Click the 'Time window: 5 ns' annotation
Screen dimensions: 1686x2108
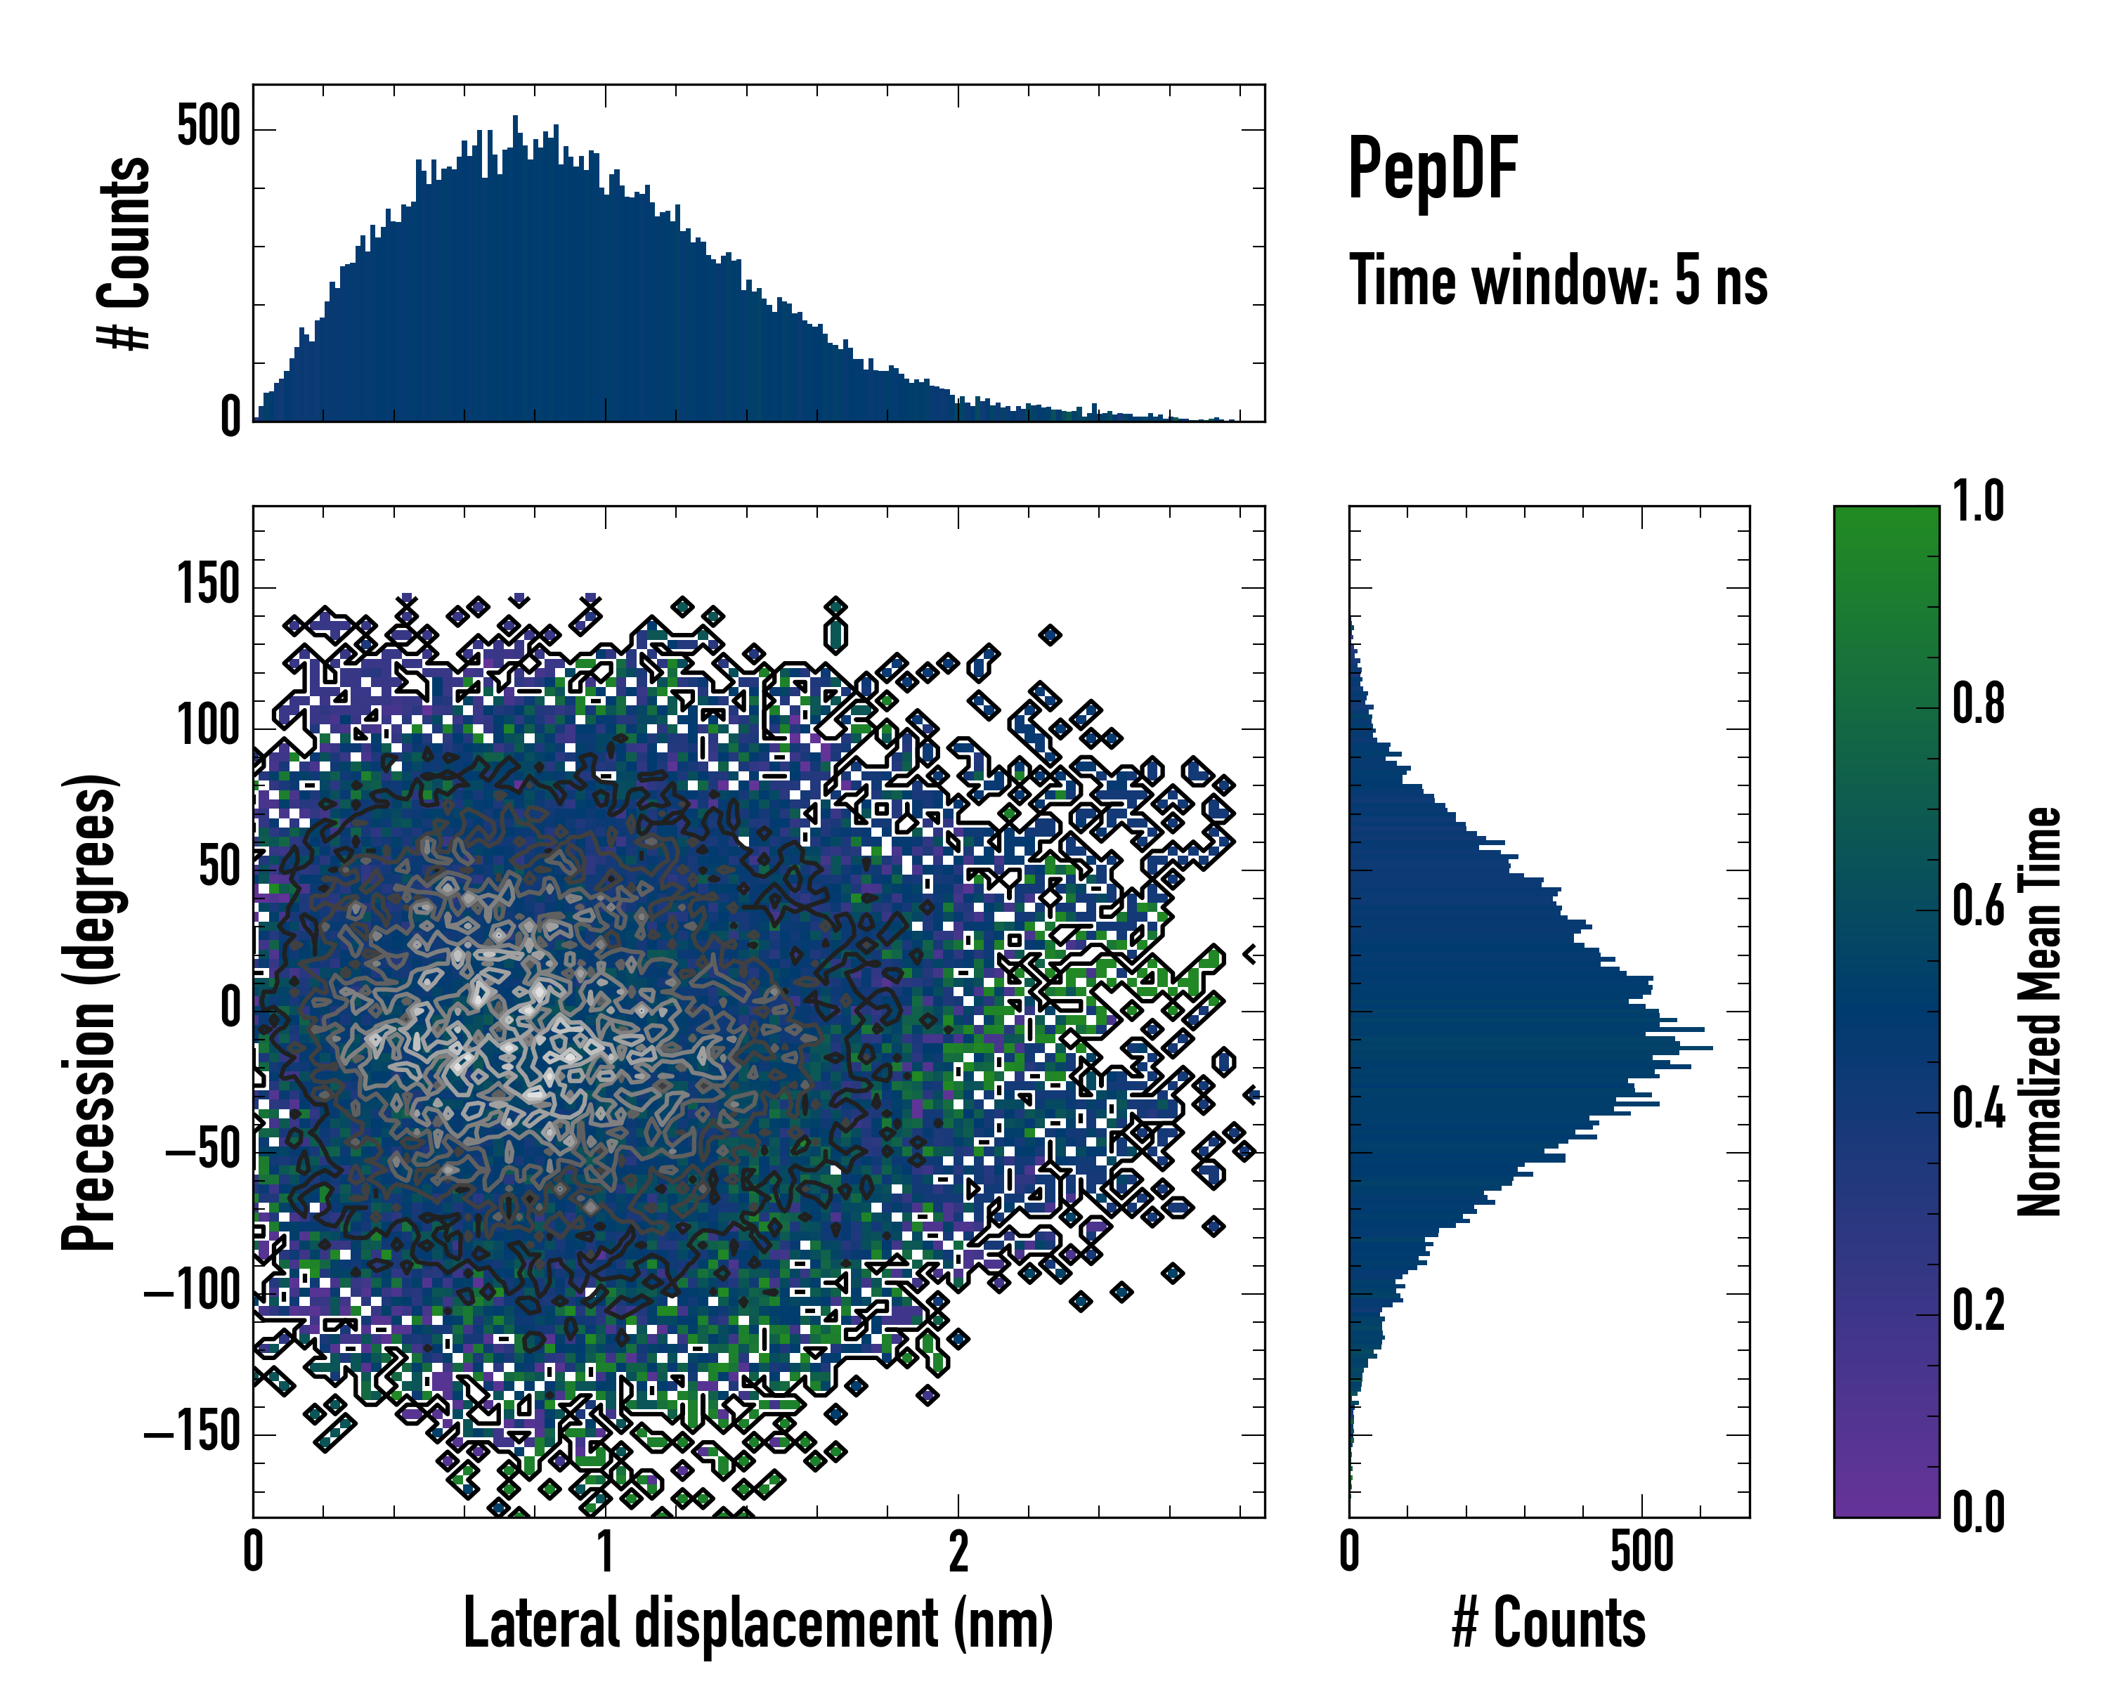(1558, 280)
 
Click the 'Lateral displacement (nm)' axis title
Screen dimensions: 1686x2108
(757, 1623)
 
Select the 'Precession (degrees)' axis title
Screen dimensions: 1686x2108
(90, 1012)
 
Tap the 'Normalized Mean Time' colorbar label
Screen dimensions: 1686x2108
(2040, 1012)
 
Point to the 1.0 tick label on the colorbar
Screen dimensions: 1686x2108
(1978, 502)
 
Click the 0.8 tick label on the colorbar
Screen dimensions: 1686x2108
(1978, 704)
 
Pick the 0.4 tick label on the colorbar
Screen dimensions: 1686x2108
(1978, 1109)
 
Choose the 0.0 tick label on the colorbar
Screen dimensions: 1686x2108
(1978, 1512)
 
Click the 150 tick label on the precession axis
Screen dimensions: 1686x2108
(208, 587)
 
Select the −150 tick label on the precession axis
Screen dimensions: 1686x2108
(192, 1434)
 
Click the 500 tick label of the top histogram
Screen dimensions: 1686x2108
(208, 128)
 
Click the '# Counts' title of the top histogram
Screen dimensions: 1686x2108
(125, 253)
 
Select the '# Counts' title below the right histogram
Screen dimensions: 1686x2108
(1549, 1623)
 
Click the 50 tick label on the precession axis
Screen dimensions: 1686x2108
(219, 868)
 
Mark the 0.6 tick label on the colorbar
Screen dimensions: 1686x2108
(1978, 907)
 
